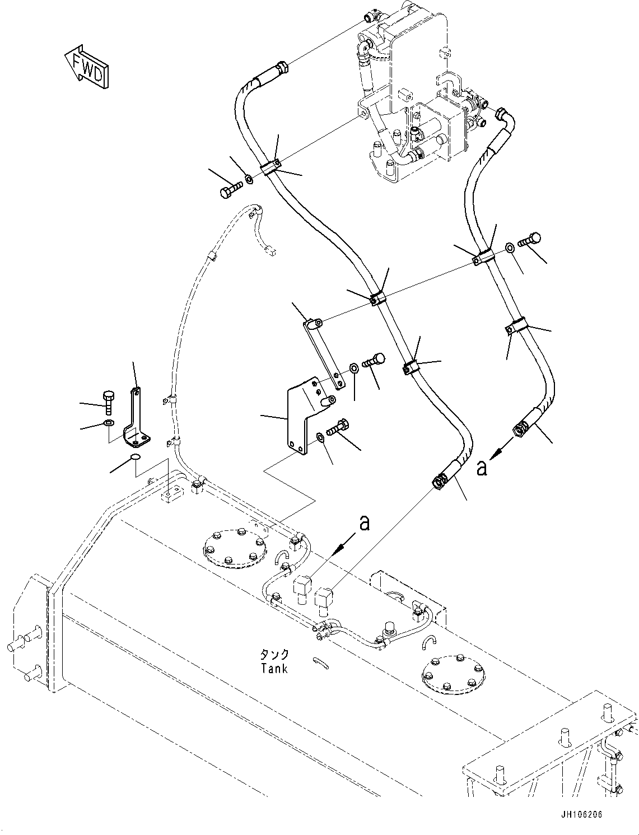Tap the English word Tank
point(274,668)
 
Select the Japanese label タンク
point(274,655)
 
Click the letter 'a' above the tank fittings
point(365,523)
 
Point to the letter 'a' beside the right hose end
point(482,467)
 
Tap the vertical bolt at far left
point(109,401)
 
